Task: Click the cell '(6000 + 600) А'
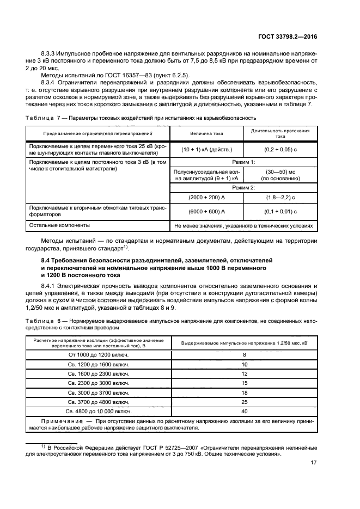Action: tap(206, 212)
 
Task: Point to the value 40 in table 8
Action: tap(244, 411)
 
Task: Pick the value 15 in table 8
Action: tap(244, 383)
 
